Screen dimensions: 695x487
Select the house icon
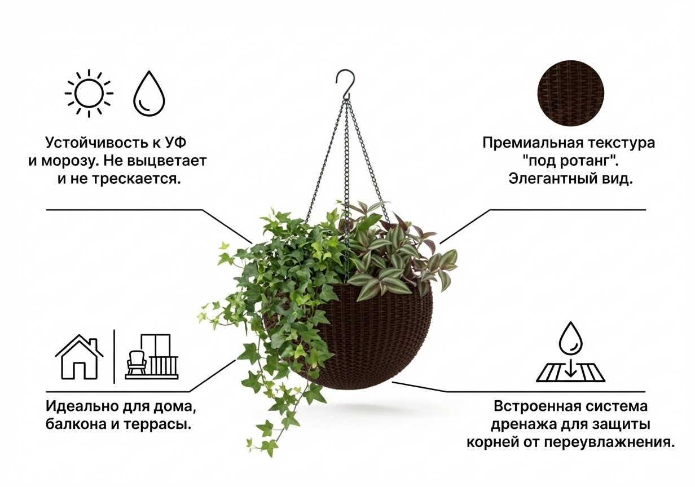tap(80, 357)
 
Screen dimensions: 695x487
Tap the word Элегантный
tap(546, 179)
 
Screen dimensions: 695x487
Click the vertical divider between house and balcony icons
tap(115, 356)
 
